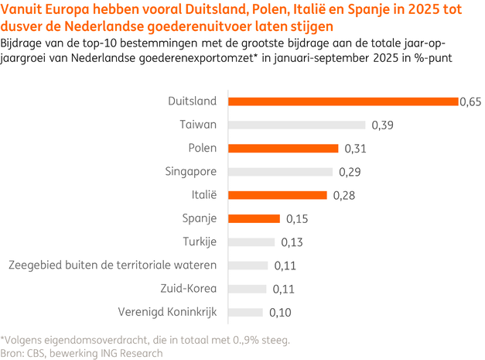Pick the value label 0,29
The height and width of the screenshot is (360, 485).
click(x=349, y=172)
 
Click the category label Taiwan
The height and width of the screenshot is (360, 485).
click(x=198, y=125)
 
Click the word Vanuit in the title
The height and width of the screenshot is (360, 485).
click(x=23, y=10)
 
